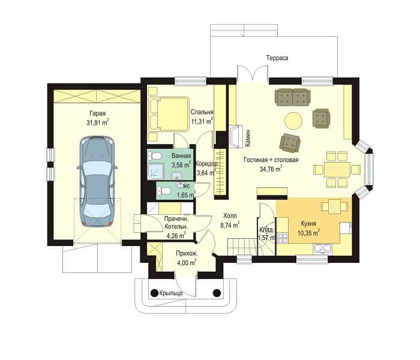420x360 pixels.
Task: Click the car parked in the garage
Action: point(97,181)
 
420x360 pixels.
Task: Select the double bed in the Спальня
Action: point(169,115)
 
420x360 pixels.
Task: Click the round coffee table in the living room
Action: point(293,120)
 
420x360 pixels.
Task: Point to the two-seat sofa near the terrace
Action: point(293,97)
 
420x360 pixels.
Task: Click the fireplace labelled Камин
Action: point(236,137)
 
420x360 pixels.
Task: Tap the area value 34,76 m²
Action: point(271,169)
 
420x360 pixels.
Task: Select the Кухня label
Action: point(308,223)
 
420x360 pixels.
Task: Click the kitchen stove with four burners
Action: point(283,238)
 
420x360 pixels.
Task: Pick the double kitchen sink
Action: point(323,248)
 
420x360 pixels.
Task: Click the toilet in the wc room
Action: point(164,191)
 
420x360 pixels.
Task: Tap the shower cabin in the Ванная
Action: point(155,172)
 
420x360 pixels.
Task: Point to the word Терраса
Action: point(277,58)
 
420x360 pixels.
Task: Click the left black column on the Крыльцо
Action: point(154,293)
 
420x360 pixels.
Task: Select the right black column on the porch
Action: point(217,293)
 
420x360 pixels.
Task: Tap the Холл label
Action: point(230,215)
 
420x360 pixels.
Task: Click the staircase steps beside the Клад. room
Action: point(242,247)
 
